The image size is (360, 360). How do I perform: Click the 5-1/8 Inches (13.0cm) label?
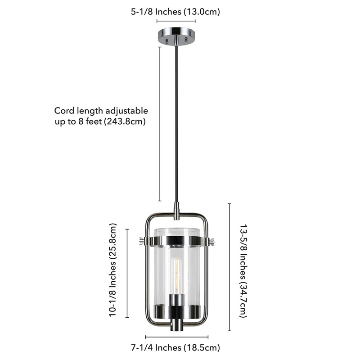(175, 12)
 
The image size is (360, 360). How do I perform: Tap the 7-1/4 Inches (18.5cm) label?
(175, 347)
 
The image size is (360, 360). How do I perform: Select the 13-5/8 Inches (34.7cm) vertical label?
(243, 271)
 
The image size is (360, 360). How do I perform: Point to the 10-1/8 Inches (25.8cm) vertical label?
(112, 270)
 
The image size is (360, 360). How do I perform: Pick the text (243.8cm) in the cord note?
(125, 121)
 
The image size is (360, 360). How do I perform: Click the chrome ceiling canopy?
(176, 36)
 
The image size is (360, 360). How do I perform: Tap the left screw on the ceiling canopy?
(167, 41)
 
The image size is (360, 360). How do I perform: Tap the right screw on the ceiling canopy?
(186, 40)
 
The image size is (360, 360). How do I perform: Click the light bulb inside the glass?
(176, 275)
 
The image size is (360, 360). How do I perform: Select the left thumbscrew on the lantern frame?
(142, 241)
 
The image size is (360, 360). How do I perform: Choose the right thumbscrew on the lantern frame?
(211, 242)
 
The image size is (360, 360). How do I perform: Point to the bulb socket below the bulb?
(176, 300)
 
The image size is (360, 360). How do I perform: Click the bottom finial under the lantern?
(176, 324)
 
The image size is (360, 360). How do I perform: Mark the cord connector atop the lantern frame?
(176, 211)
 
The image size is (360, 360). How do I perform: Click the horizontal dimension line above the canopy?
(176, 21)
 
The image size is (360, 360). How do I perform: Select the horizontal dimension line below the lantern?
(177, 337)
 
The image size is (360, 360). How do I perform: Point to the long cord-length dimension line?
(160, 124)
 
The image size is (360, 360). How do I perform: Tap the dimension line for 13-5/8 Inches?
(229, 267)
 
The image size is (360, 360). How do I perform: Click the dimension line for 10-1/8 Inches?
(127, 273)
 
